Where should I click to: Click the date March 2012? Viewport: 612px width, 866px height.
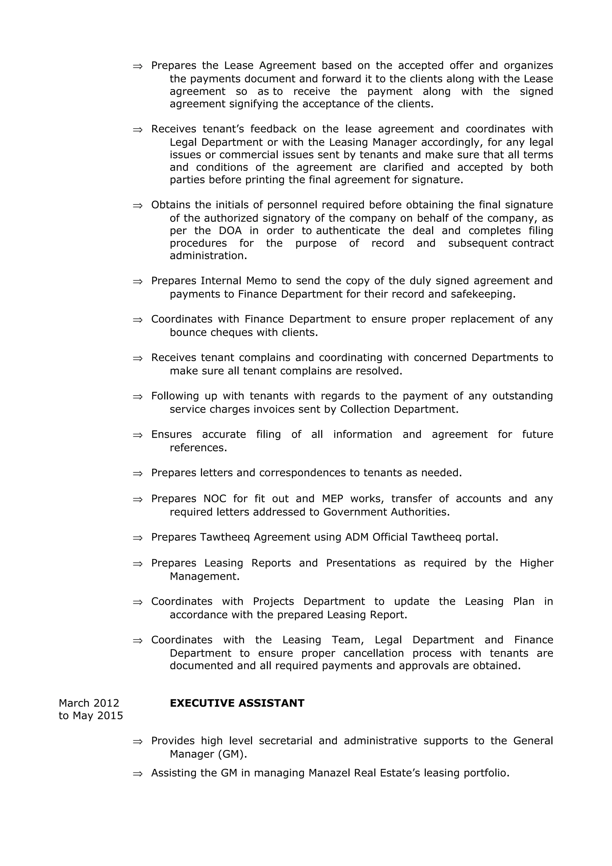click(89, 703)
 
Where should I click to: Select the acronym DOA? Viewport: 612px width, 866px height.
click(230, 230)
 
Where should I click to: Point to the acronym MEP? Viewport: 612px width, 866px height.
click(333, 499)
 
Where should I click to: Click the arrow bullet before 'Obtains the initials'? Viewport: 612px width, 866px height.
click(138, 206)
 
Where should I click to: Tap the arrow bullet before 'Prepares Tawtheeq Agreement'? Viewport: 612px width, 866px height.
click(138, 538)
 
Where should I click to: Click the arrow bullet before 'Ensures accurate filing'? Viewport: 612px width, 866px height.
click(138, 435)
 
